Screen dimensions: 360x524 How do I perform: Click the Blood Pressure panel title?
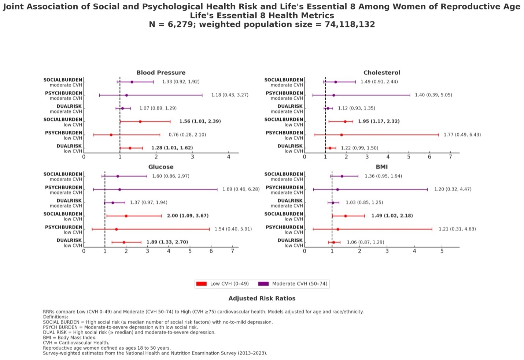(x=161, y=73)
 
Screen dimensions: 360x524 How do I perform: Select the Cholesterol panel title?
(x=381, y=73)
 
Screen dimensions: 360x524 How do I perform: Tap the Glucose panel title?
(x=161, y=167)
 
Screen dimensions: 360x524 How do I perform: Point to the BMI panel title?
(x=381, y=167)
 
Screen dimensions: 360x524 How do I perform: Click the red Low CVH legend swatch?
(x=202, y=284)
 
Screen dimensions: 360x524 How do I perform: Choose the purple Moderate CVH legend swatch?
(x=263, y=284)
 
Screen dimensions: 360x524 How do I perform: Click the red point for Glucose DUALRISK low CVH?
(x=124, y=242)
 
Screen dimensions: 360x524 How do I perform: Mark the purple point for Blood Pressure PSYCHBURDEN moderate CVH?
(x=126, y=95)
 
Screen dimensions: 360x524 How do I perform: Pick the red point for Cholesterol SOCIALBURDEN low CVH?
(x=345, y=122)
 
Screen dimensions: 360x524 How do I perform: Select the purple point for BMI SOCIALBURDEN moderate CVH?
(x=342, y=176)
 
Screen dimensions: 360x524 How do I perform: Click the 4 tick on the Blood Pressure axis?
(x=228, y=157)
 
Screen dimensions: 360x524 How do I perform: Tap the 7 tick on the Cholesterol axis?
(x=450, y=157)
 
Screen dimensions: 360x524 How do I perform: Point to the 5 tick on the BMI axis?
(x=442, y=251)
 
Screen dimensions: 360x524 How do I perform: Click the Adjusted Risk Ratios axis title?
(x=262, y=298)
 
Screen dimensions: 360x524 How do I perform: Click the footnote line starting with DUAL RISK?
(x=129, y=333)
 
